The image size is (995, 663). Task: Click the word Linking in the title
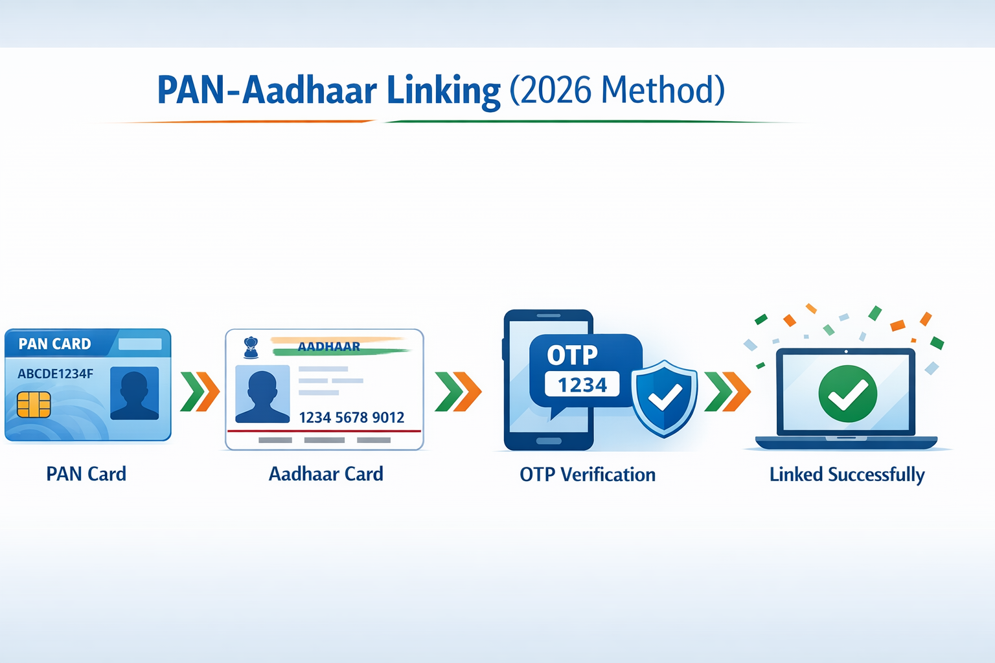pos(443,91)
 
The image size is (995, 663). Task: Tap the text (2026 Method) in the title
pos(617,91)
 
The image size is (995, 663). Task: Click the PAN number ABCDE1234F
pos(55,374)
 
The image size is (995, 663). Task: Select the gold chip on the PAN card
pos(34,405)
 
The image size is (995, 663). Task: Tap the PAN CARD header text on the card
pos(54,344)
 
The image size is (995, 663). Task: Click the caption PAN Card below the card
pos(86,474)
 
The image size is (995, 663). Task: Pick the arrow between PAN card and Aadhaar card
pos(200,392)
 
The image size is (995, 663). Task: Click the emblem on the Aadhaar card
pos(251,348)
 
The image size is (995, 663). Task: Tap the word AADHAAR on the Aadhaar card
pos(328,346)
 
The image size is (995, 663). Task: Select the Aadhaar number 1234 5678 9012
pos(351,418)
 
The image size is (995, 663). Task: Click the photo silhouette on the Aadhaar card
pos(262,394)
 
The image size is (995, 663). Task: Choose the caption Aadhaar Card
pos(326,474)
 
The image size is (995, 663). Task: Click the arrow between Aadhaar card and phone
pos(458,392)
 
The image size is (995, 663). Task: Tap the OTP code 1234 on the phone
pos(582,385)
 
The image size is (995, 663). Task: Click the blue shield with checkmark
pos(665,398)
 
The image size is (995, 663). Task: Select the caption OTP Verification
pos(588,475)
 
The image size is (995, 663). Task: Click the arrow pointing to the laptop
pos(727,392)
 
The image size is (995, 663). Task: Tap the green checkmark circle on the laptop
pos(847,393)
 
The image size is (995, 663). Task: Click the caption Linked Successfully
pos(847,475)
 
